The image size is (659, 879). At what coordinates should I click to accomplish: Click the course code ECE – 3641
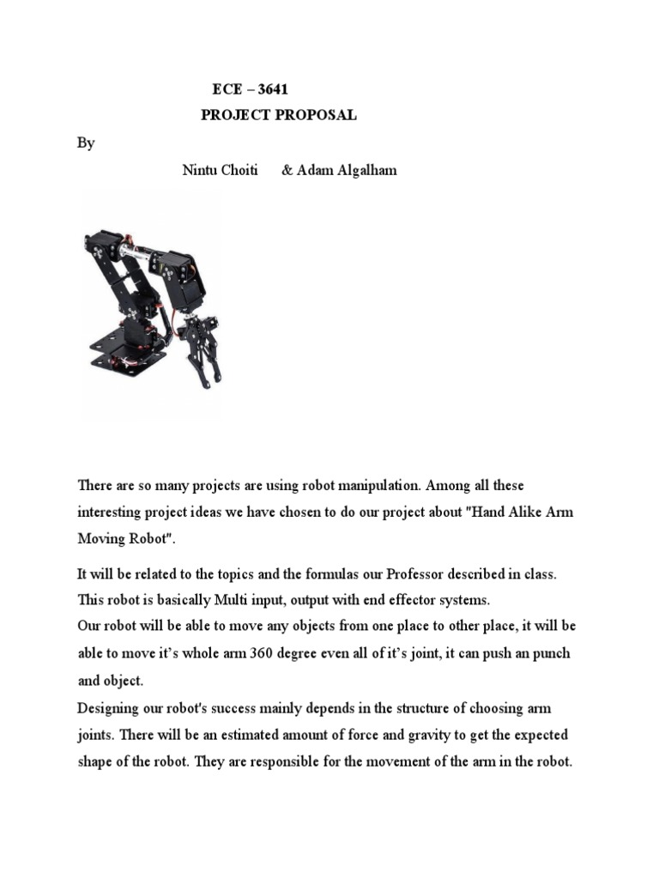[x=257, y=90]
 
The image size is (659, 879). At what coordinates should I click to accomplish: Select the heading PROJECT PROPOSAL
[x=278, y=116]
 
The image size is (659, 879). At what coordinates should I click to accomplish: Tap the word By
[x=86, y=143]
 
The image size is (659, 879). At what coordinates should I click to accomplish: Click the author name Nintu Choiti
[x=220, y=170]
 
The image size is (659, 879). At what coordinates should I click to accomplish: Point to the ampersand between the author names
[x=287, y=170]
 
